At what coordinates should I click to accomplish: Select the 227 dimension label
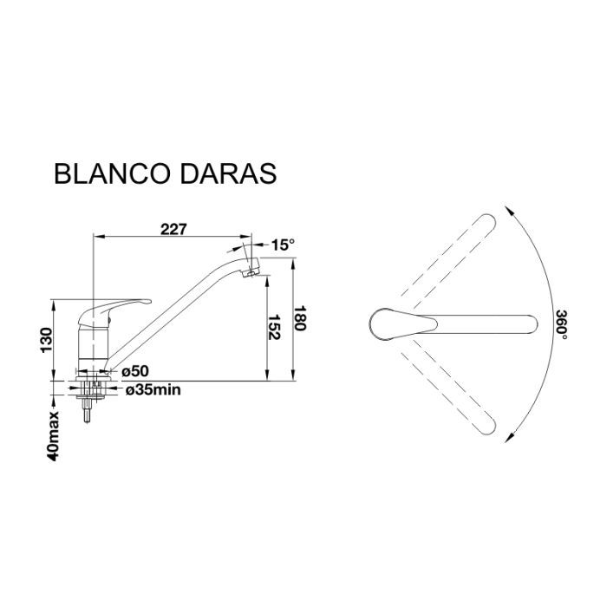click(x=173, y=229)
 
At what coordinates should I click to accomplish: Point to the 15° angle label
click(x=283, y=245)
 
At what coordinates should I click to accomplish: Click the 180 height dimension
click(x=301, y=322)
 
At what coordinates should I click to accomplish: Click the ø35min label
click(x=153, y=390)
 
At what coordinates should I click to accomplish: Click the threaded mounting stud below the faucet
click(x=87, y=409)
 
